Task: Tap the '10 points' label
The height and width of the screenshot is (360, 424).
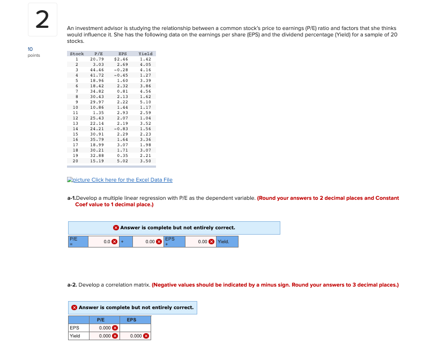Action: coord(33,52)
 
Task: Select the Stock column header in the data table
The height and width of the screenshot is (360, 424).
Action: coord(76,54)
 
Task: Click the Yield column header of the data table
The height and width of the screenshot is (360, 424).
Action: coord(145,54)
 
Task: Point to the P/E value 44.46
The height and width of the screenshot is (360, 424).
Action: coord(97,69)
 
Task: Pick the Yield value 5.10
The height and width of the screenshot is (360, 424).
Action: coord(145,102)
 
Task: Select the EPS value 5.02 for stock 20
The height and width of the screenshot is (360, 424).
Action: coord(123,160)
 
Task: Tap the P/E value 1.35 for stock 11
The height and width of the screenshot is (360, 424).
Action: coord(98,112)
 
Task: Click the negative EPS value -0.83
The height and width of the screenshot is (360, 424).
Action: coord(121,129)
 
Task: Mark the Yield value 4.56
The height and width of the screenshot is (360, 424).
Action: coord(145,91)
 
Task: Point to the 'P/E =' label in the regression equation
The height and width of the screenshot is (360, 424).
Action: coord(73,242)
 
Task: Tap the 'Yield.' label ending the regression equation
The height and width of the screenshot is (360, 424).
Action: coord(224,242)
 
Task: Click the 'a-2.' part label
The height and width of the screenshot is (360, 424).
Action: coord(73,284)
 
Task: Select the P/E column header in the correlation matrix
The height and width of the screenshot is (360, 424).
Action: coord(101,320)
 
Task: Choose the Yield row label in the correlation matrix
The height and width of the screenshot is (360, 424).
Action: coord(75,336)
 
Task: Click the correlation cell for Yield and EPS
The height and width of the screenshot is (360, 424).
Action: coord(134,336)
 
